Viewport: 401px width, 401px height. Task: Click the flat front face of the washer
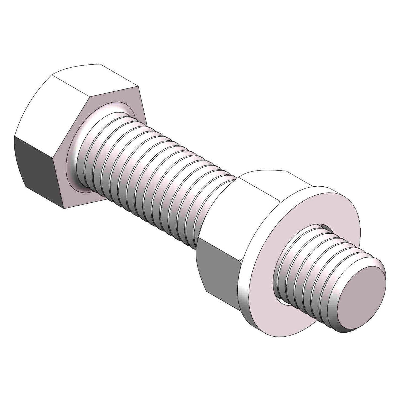pos(307,209)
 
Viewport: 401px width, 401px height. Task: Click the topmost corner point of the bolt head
pos(100,64)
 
